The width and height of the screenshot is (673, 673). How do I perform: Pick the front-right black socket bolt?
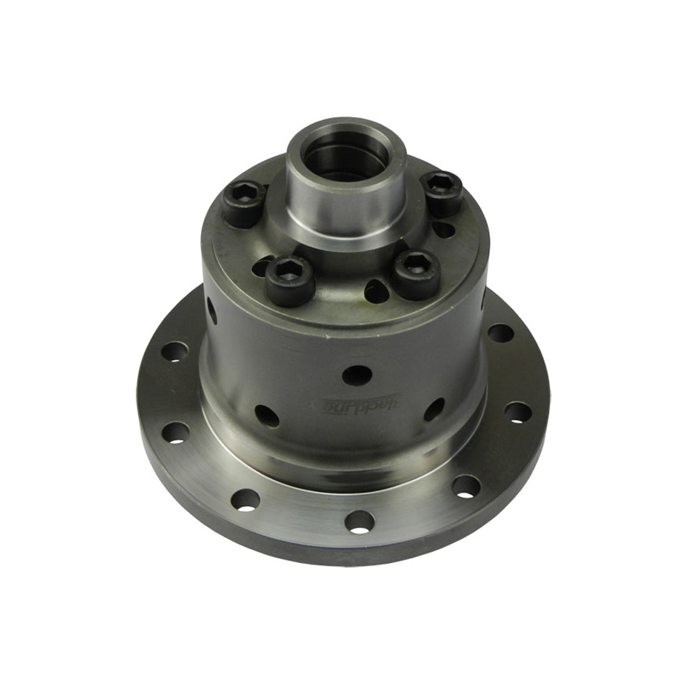click(416, 272)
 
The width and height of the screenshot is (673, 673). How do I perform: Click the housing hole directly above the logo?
click(356, 375)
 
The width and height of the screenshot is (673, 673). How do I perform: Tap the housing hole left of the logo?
click(267, 415)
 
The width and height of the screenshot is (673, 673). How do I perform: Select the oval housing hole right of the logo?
click(434, 409)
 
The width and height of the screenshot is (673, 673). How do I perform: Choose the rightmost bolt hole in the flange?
click(518, 412)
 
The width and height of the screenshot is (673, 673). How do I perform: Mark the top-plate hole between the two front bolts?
click(375, 291)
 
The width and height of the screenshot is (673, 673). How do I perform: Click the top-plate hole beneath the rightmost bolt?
click(444, 229)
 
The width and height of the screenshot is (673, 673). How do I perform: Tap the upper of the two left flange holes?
click(174, 351)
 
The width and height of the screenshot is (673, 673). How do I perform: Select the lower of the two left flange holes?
click(176, 432)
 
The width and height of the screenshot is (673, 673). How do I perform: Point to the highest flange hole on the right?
click(500, 333)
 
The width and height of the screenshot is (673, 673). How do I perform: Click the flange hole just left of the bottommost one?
click(245, 499)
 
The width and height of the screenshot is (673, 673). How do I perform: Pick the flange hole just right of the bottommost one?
click(466, 487)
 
